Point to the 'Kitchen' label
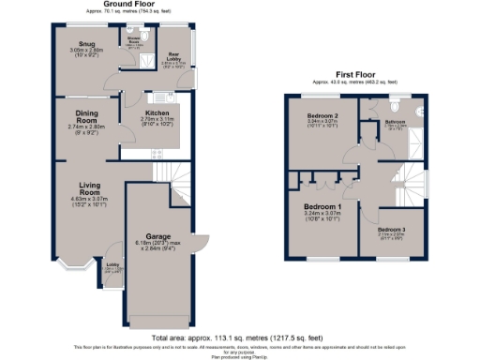[156, 112]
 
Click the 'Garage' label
[157, 236]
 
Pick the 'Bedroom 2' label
[322, 116]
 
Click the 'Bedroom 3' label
[392, 230]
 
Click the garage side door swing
[200, 239]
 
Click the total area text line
[239, 337]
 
